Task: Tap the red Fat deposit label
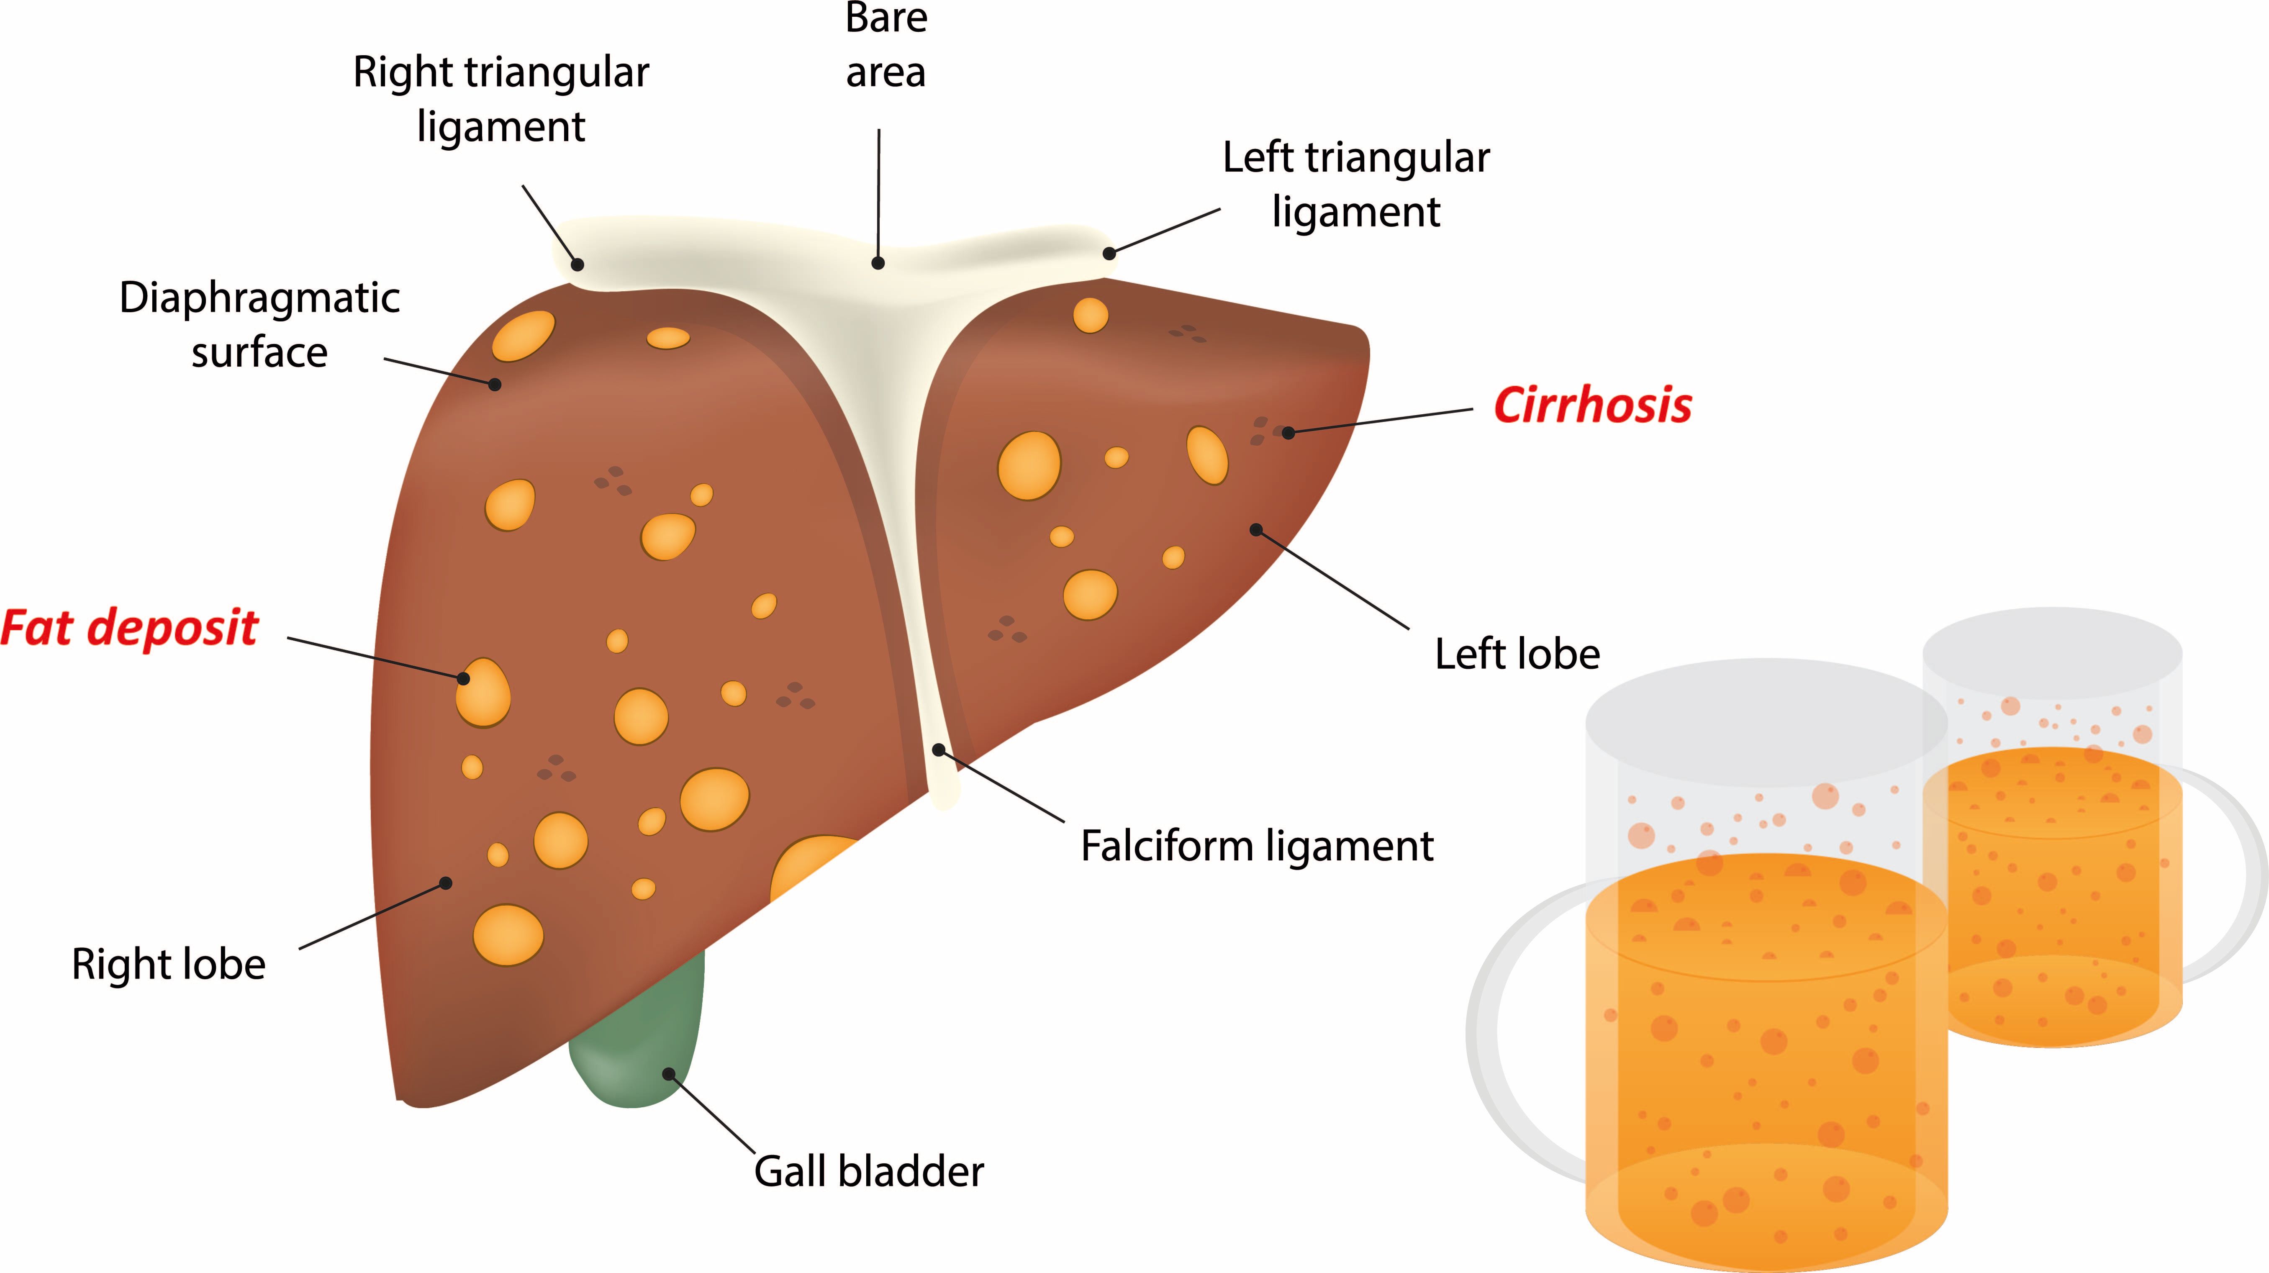click(x=129, y=628)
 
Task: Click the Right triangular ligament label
click(x=501, y=99)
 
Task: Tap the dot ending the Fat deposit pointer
click(x=463, y=678)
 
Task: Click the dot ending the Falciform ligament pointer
click(x=939, y=750)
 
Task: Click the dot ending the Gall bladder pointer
click(x=669, y=1074)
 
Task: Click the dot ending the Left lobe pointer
click(x=1256, y=529)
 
